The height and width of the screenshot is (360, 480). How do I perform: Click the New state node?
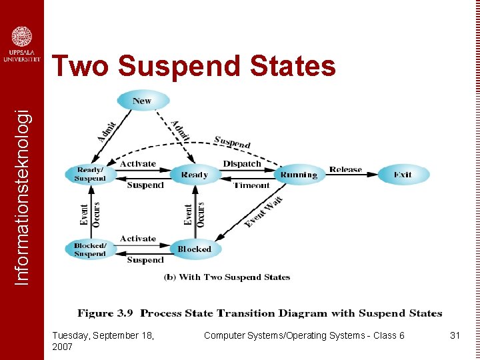143,101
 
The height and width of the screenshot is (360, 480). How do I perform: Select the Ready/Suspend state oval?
90,175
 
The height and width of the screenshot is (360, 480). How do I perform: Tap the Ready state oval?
194,175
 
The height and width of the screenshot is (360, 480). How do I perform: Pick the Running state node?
299,175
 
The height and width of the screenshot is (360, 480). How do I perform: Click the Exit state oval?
403,175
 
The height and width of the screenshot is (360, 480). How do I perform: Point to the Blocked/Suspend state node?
90,249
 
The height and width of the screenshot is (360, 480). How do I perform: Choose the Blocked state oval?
194,249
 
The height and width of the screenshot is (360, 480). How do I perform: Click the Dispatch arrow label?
242,164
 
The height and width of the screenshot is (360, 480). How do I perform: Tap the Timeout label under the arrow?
251,185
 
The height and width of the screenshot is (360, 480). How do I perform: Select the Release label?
345,169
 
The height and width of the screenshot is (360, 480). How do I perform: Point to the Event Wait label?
264,212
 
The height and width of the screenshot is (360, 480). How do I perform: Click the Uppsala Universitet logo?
21,44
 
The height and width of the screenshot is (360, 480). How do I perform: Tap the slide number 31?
455,335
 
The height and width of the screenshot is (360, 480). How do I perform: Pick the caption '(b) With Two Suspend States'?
227,277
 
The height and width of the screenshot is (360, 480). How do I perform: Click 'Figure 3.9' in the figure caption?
105,313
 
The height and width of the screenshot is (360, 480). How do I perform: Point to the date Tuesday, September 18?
103,335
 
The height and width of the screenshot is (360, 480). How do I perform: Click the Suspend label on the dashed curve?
232,142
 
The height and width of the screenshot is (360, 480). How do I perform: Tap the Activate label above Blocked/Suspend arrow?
138,239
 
